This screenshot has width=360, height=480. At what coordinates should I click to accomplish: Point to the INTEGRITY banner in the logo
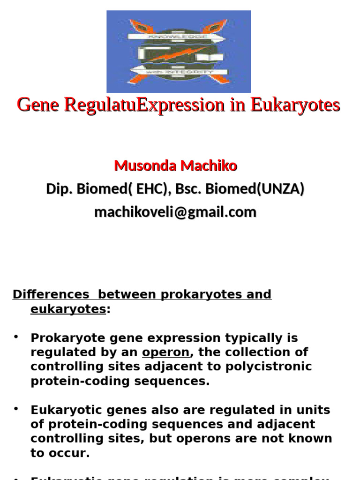pyautogui.click(x=180, y=72)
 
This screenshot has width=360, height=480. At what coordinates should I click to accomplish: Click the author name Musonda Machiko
pyautogui.click(x=176, y=165)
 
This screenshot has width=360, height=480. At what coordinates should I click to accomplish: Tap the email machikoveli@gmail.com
pyautogui.click(x=175, y=212)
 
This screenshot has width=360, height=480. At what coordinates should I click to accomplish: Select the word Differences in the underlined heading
pyautogui.click(x=51, y=294)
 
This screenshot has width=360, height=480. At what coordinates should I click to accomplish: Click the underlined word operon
pyautogui.click(x=166, y=352)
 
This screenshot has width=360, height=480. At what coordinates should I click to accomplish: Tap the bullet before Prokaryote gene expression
pyautogui.click(x=16, y=337)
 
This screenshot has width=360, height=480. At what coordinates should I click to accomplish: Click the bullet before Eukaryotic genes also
pyautogui.click(x=16, y=409)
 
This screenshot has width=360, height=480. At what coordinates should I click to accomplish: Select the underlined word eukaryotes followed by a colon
pyautogui.click(x=68, y=309)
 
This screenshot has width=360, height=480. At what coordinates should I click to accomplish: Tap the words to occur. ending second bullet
pyautogui.click(x=60, y=453)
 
